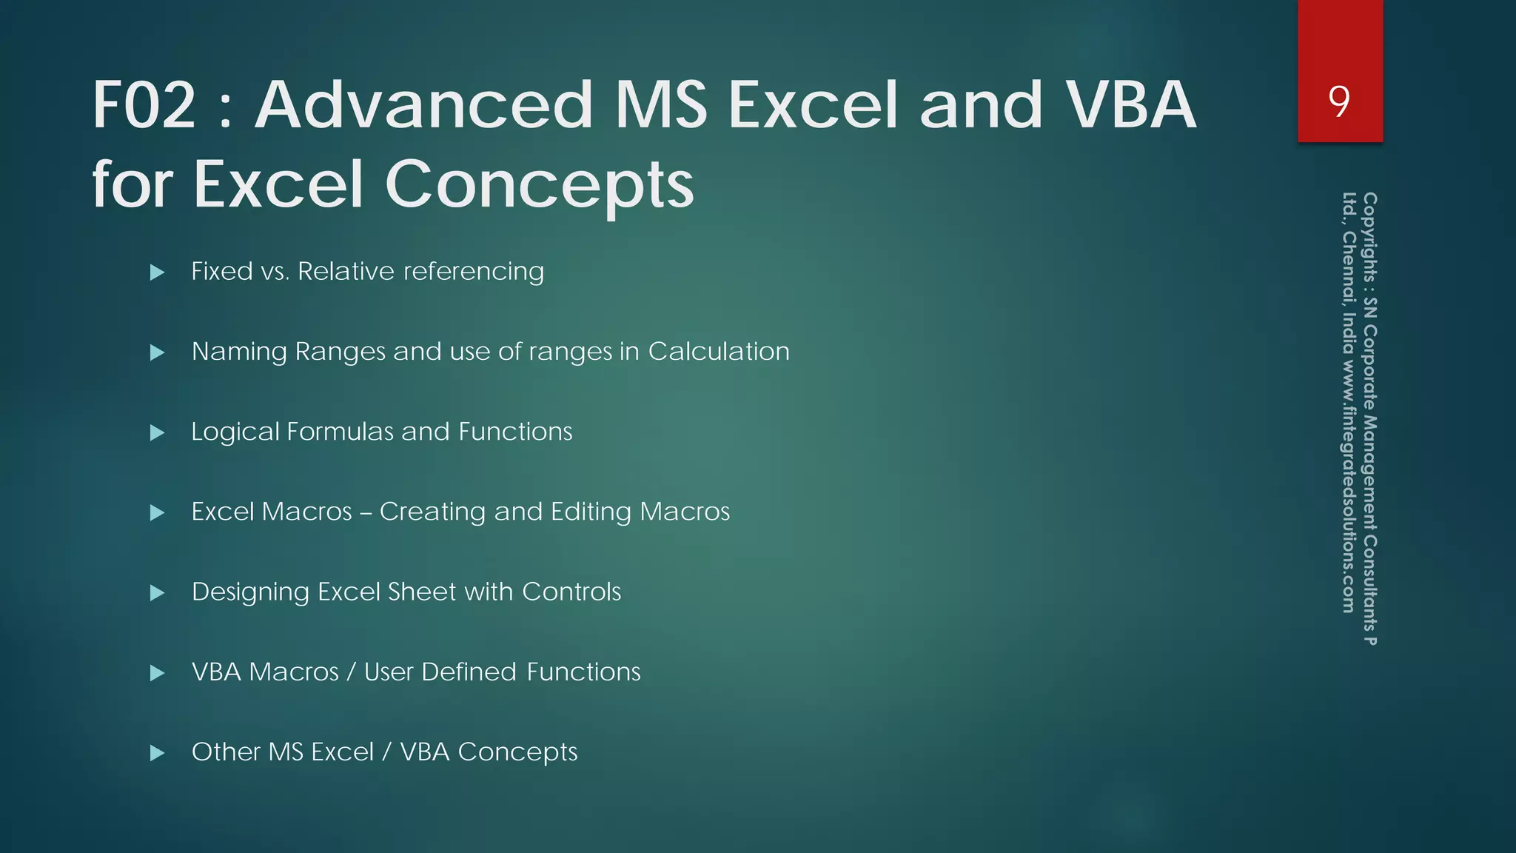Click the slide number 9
(x=1339, y=101)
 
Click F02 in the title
(x=144, y=105)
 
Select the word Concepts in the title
(x=539, y=185)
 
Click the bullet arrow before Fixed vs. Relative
(x=157, y=272)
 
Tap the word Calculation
(x=718, y=351)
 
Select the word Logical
(x=235, y=432)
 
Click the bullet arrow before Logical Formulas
(x=157, y=432)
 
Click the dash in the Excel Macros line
(x=366, y=513)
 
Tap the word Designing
(x=250, y=592)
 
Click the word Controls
(x=571, y=592)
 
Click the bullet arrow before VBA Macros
(x=157, y=673)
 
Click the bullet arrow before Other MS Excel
(x=157, y=753)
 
